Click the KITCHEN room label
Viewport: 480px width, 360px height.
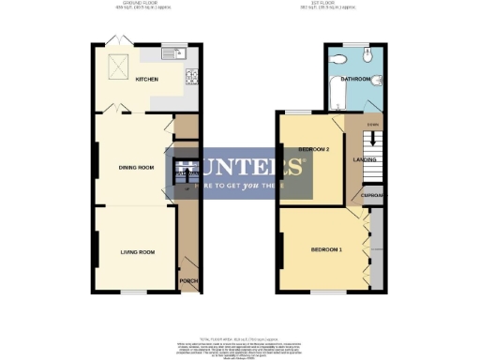click(147, 80)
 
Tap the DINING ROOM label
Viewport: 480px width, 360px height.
click(135, 168)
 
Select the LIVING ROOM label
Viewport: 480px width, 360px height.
click(137, 252)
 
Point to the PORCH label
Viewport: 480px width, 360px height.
click(187, 281)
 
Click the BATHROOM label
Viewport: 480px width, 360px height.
click(357, 80)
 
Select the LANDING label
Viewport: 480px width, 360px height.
click(365, 159)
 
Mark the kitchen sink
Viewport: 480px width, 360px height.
click(173, 53)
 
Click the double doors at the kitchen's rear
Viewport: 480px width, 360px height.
click(113, 40)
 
